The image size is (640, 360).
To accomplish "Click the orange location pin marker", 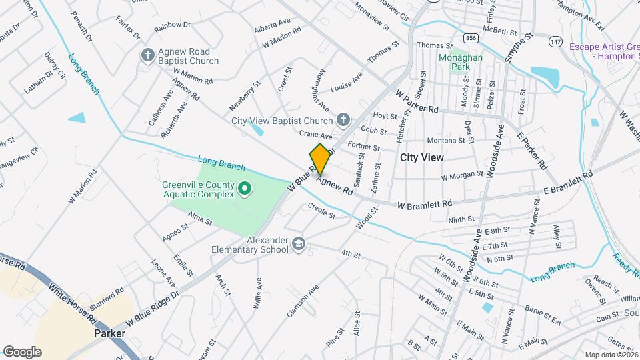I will tap(320, 159).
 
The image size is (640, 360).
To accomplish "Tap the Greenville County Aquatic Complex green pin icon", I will tap(244, 190).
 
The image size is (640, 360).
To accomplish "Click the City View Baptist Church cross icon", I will tap(343, 120).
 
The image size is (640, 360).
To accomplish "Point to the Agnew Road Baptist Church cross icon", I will tap(147, 56).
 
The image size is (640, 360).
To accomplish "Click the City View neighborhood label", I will tap(421, 157).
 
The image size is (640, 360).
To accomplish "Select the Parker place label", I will tap(110, 333).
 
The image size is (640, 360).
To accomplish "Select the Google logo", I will tap(22, 351).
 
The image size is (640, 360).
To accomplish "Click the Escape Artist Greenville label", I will tap(604, 51).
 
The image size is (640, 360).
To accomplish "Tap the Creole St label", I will tap(321, 211).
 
